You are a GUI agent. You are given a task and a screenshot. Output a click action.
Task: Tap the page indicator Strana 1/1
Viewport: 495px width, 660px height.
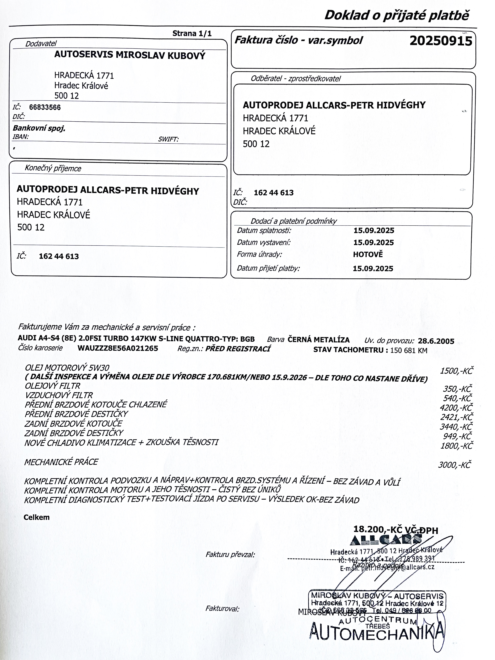click(x=192, y=33)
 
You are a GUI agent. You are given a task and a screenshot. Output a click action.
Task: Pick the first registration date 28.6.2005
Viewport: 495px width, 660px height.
click(x=436, y=341)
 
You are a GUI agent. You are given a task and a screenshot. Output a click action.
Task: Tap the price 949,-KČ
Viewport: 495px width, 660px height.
click(x=457, y=436)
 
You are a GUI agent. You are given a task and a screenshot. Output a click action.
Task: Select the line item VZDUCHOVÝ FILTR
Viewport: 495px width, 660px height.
click(x=59, y=395)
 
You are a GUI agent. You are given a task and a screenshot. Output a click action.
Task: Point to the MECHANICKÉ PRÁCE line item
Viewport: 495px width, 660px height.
click(x=61, y=462)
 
